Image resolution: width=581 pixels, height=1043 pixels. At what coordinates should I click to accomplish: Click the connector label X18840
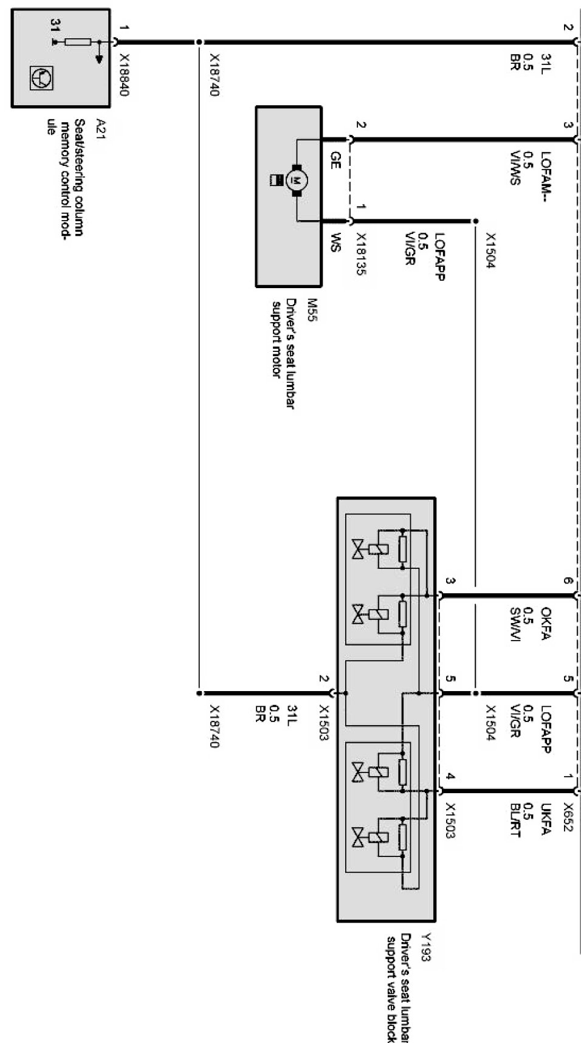click(x=125, y=75)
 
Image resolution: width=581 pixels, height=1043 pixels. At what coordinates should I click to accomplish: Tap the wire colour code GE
click(x=335, y=160)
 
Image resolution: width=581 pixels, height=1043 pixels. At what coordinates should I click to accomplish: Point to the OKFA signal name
click(x=545, y=624)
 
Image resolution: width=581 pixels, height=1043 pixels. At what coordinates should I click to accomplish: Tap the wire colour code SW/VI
click(x=515, y=625)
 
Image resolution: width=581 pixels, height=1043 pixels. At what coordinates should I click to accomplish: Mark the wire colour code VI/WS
click(x=515, y=168)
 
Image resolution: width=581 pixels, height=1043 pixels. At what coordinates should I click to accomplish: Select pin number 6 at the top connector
click(x=567, y=581)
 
